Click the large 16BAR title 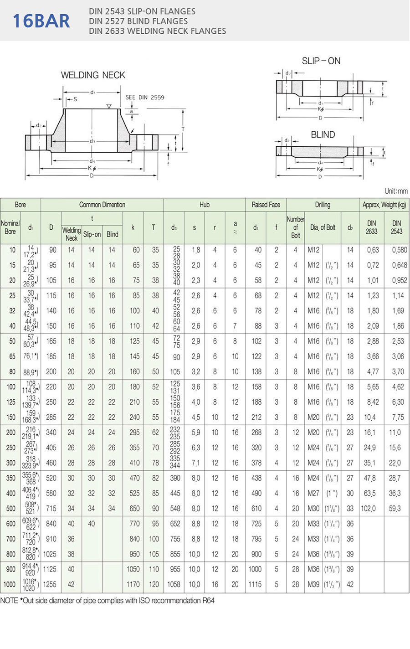41,21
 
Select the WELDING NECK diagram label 93,75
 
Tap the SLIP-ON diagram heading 321,61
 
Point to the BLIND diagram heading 323,135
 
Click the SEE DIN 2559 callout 145,98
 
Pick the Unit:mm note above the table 396,191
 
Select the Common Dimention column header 102,205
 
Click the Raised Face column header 266,205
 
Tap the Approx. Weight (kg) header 384,205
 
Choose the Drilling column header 323,205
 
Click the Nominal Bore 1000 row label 10,584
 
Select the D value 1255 51,584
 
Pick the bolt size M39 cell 313,584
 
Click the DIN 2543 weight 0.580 396,250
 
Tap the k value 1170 133,584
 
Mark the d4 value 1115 256,584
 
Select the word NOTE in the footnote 9,601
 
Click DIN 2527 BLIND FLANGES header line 138,21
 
